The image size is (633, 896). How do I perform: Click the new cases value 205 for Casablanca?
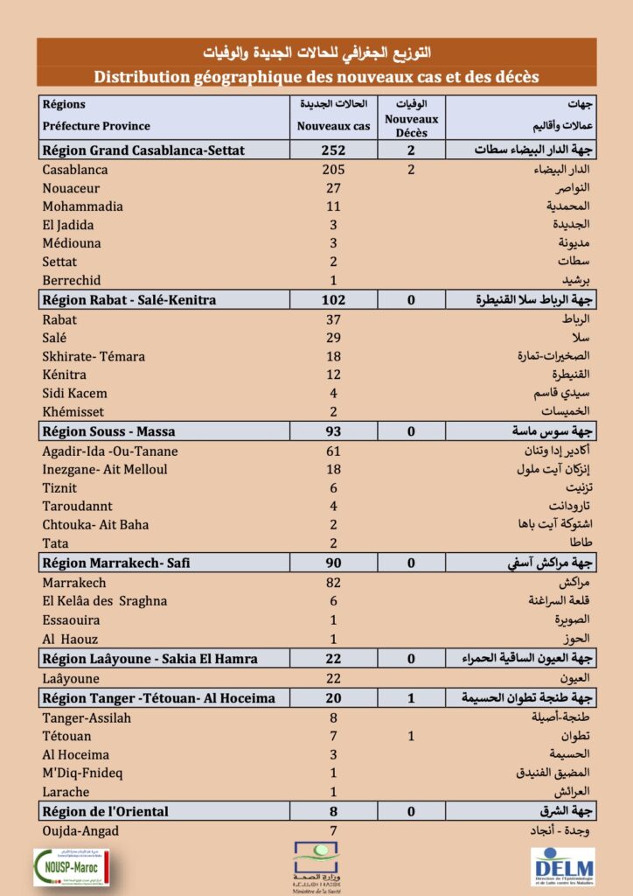click(332, 169)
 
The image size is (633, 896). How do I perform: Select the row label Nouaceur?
click(71, 188)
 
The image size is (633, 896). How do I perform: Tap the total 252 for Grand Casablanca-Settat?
click(332, 150)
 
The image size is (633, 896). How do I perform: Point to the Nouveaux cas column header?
click(332, 125)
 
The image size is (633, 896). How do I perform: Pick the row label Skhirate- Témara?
click(94, 356)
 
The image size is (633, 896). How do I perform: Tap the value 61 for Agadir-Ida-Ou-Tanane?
click(332, 451)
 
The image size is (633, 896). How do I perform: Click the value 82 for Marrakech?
click(332, 583)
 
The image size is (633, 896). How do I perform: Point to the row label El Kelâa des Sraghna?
click(104, 601)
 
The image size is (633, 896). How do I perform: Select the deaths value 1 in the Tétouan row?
click(411, 736)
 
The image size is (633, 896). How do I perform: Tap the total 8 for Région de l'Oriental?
click(332, 811)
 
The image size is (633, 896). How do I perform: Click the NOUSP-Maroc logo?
click(69, 866)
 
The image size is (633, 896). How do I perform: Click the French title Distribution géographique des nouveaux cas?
click(316, 76)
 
